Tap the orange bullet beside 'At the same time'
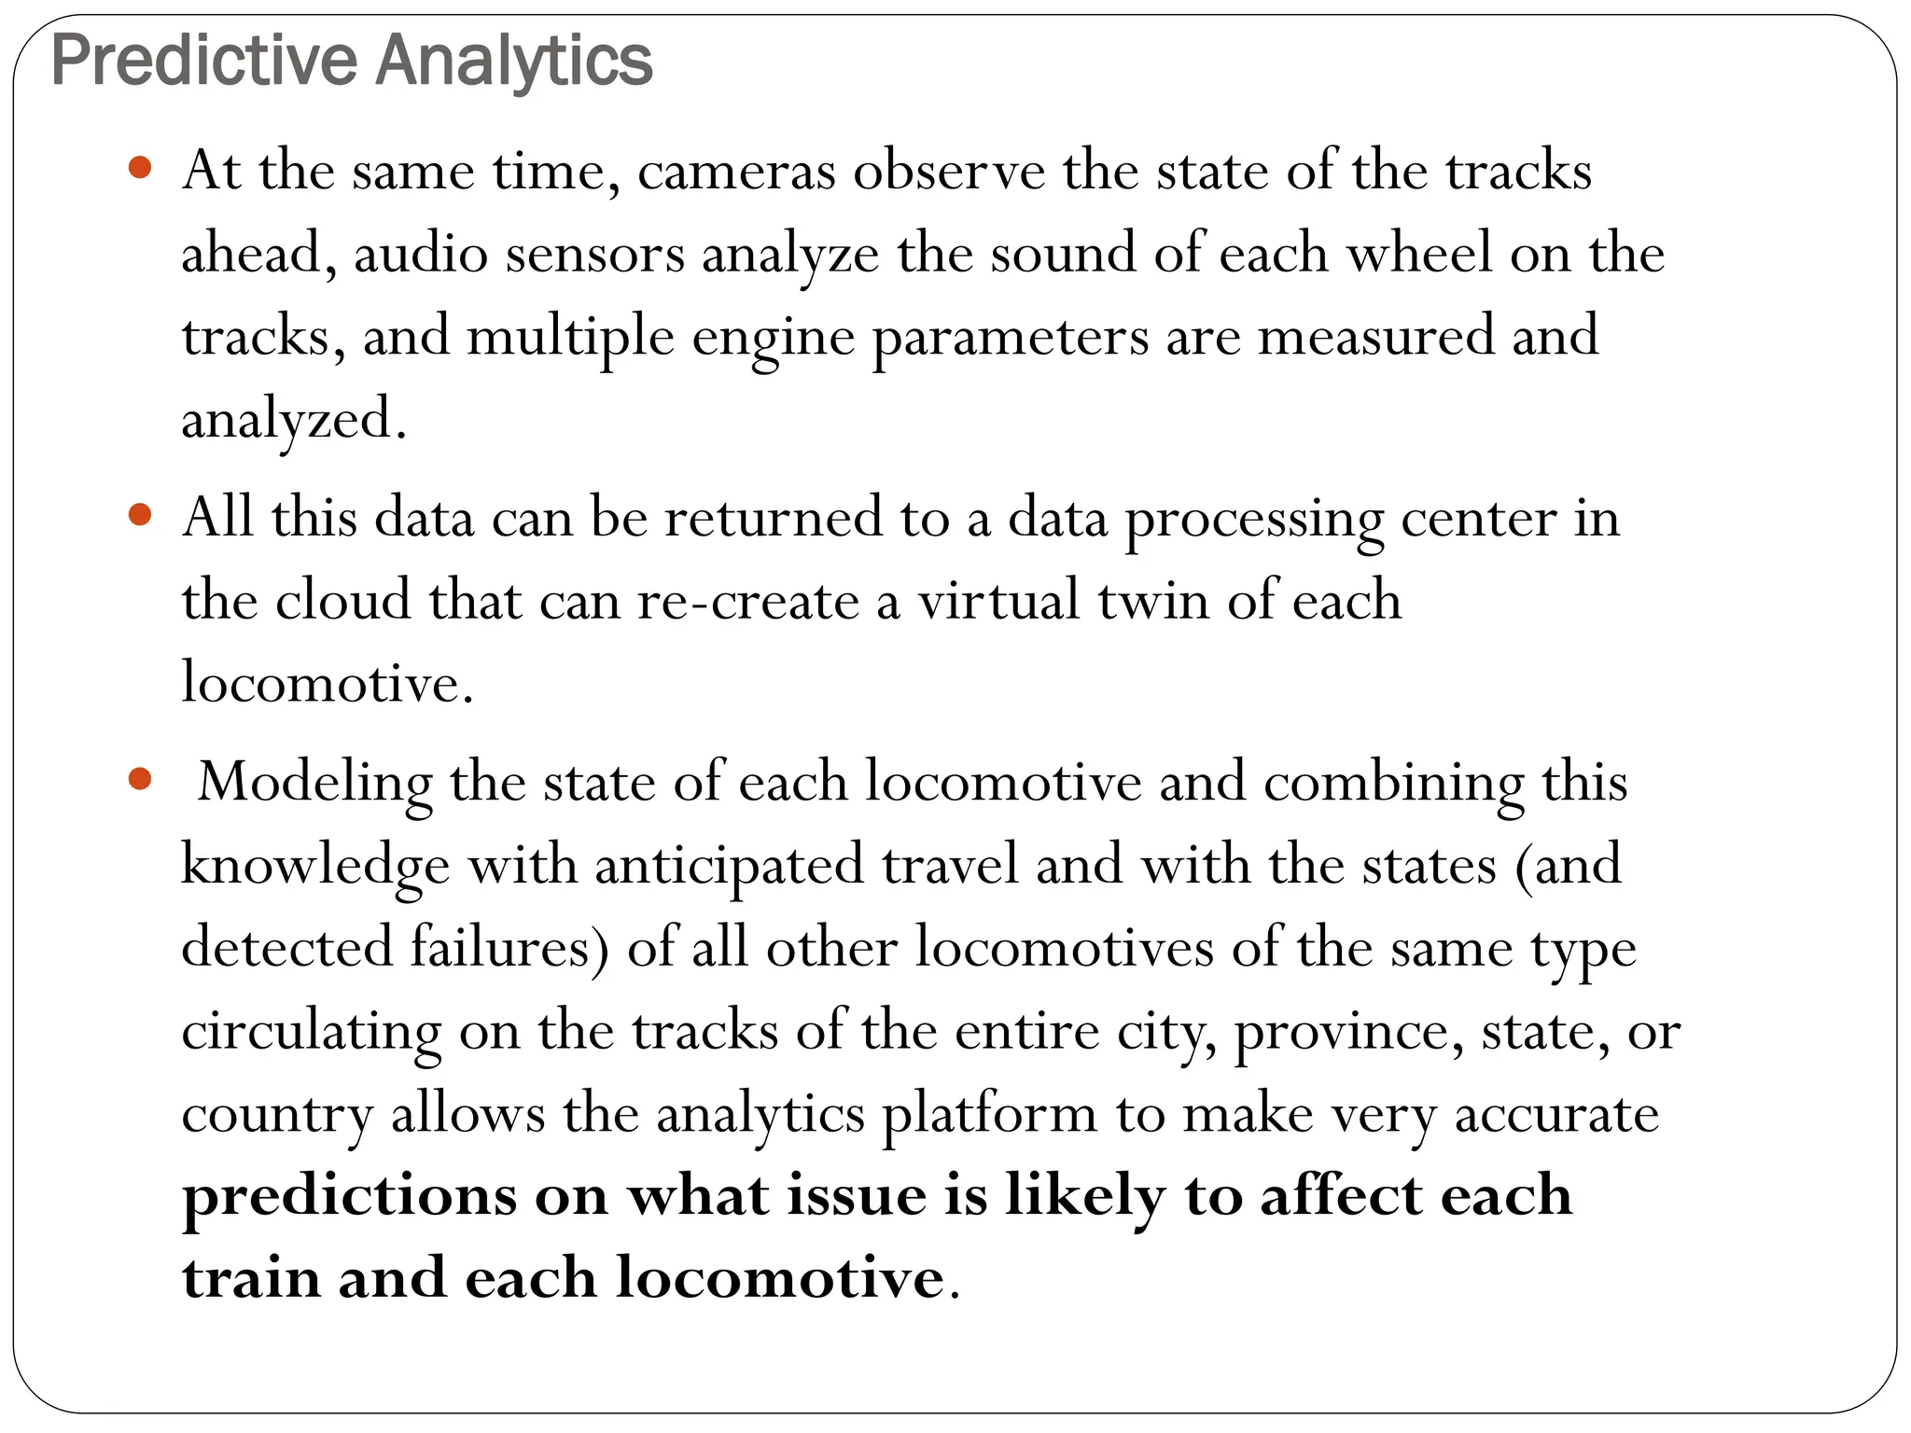(x=140, y=168)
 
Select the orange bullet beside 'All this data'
(x=140, y=515)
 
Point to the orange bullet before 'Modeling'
(x=140, y=779)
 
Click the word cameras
(x=736, y=173)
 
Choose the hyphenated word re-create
(x=747, y=601)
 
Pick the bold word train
(x=251, y=1278)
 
